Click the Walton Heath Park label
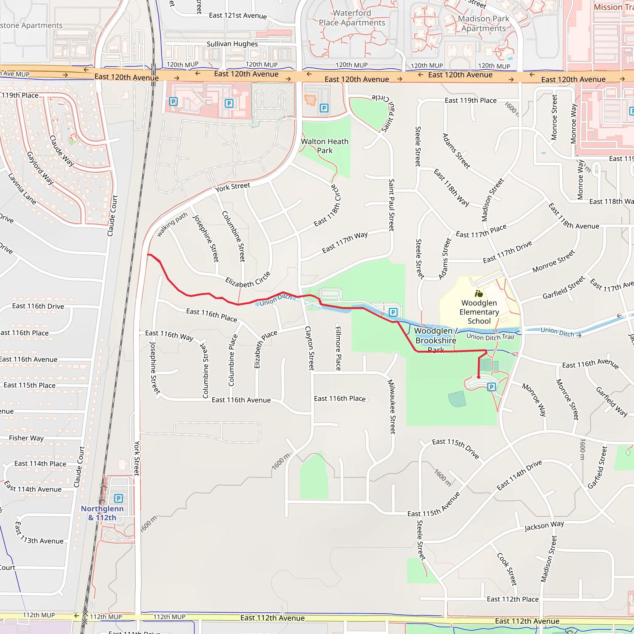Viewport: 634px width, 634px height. (x=324, y=146)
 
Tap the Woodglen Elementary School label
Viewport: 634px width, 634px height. (x=479, y=312)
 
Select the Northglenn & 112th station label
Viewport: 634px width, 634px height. (x=102, y=513)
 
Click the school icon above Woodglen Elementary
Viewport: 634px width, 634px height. (x=479, y=293)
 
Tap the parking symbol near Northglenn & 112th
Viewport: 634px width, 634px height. (x=119, y=498)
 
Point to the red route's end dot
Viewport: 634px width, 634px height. (x=479, y=377)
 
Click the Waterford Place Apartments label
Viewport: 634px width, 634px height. (x=352, y=18)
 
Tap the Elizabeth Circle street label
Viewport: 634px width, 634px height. (x=248, y=280)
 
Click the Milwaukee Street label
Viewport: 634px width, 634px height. (x=392, y=406)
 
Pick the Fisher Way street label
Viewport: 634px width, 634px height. (x=26, y=438)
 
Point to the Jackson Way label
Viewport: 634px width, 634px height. (x=544, y=526)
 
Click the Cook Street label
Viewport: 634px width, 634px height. (x=507, y=569)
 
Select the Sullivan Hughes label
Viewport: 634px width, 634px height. (x=232, y=44)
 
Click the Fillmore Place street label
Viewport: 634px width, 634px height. (x=338, y=348)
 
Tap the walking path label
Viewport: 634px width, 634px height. (x=172, y=224)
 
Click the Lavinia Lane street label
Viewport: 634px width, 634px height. (x=22, y=189)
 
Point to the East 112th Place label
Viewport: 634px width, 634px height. (x=513, y=599)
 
